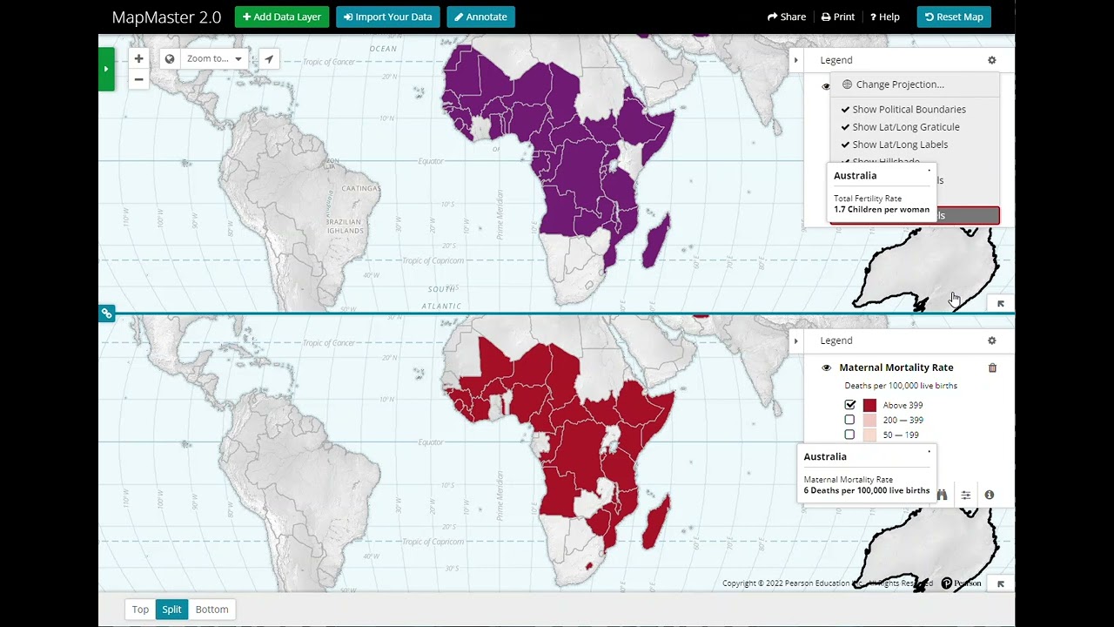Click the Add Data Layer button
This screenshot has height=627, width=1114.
pos(282,17)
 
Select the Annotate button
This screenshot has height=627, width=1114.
pos(480,17)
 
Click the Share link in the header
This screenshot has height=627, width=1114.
pos(787,17)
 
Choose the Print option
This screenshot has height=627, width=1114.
pos(838,17)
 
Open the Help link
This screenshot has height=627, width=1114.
pos(885,17)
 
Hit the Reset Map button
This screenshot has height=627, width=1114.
pos(954,17)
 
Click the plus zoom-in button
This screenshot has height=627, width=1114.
pos(138,59)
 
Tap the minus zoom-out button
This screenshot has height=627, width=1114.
pos(138,79)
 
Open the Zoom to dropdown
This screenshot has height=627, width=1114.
pos(214,59)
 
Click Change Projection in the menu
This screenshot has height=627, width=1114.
pos(900,84)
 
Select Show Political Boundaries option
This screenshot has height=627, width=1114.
pos(909,109)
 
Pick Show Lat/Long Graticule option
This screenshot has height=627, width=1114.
pos(905,127)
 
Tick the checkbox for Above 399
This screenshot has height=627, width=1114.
pos(850,405)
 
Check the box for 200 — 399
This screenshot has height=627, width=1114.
pos(850,420)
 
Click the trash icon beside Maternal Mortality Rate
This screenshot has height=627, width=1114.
pos(992,367)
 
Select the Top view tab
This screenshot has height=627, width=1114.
pos(140,610)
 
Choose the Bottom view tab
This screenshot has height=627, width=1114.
pos(211,610)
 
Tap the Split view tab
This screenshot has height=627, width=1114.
pos(171,610)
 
